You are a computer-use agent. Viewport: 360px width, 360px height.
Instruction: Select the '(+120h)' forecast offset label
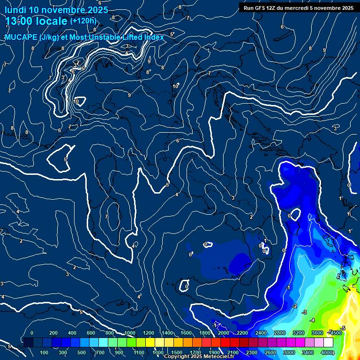pos(83,21)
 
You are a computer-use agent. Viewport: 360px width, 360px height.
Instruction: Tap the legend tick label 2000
pos(224,333)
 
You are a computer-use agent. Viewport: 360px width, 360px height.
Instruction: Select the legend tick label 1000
pos(130,333)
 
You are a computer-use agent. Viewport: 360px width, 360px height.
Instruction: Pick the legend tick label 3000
pos(289,352)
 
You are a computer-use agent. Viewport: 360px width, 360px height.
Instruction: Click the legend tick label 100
pos(45,352)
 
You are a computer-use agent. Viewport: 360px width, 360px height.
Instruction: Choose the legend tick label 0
pos(32,333)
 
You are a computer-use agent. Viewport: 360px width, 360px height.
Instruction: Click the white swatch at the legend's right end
pos(328,343)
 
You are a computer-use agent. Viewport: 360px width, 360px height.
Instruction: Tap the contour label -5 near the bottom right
pos(343,328)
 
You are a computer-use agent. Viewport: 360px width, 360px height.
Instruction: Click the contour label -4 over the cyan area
pos(313,320)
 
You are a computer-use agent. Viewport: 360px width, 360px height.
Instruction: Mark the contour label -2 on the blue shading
pos(294,306)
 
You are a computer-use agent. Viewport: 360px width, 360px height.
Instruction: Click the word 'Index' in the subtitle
pos(153,37)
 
